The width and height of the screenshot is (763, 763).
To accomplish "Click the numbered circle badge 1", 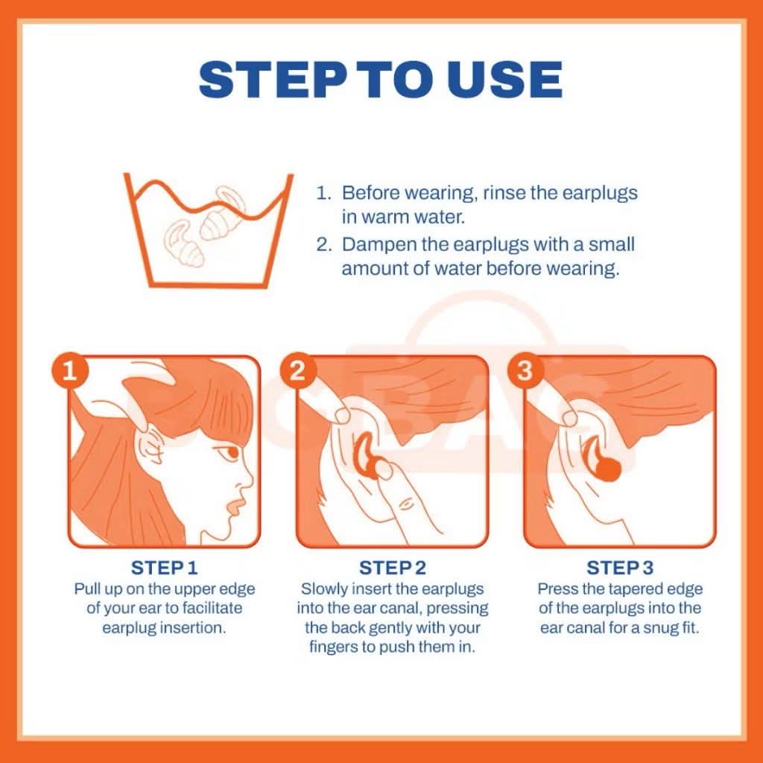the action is tap(70, 371).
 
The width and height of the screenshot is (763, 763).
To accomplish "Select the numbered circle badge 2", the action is tap(298, 371).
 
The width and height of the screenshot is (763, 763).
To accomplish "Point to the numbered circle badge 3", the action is tap(525, 371).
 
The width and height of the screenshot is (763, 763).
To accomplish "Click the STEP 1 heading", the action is tap(164, 567).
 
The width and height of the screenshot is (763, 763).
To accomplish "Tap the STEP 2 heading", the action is tap(392, 567).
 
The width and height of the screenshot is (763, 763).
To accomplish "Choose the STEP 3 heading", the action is tap(620, 567).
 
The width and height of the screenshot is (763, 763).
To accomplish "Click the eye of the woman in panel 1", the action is tap(230, 452).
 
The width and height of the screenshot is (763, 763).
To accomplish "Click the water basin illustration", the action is tap(209, 231).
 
